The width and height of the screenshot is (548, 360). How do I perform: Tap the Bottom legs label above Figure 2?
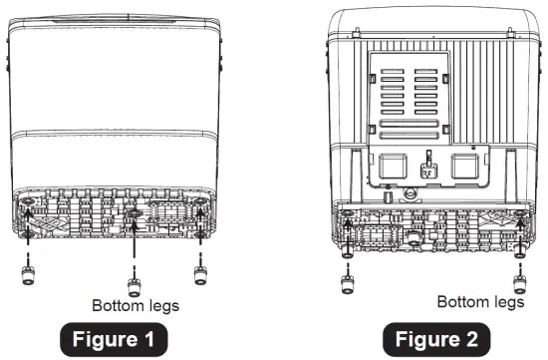(x=480, y=300)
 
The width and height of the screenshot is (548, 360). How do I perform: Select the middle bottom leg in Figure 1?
(x=133, y=276)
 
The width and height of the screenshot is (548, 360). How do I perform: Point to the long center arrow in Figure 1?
(x=133, y=239)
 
